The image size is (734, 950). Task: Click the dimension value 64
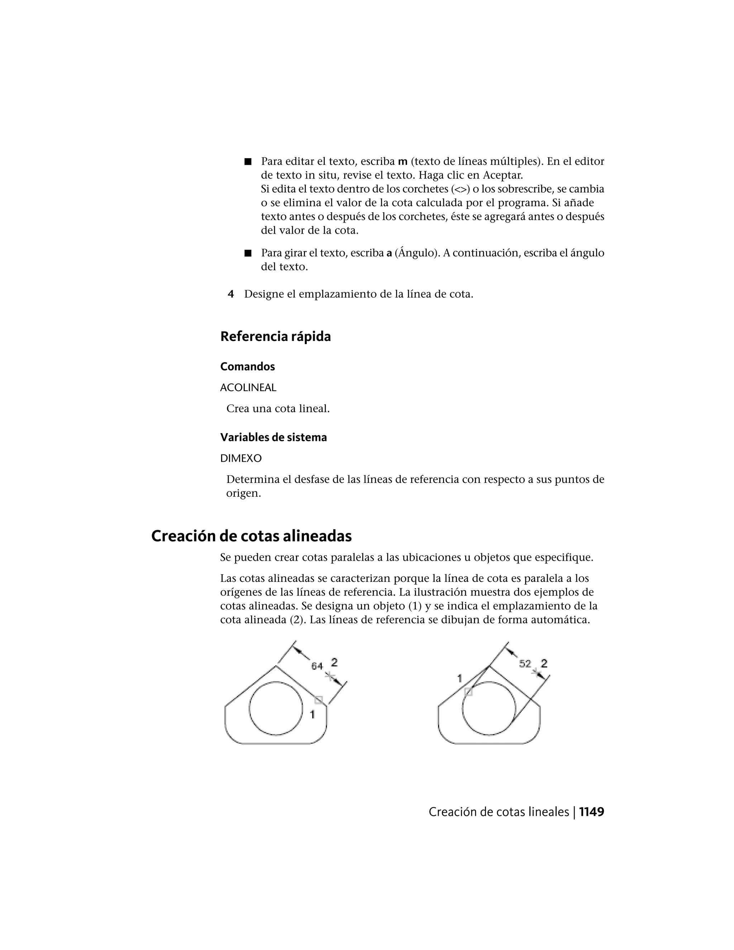pyautogui.click(x=317, y=666)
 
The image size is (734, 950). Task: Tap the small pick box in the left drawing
pyautogui.click(x=319, y=699)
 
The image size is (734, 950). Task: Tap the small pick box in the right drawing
pyautogui.click(x=468, y=692)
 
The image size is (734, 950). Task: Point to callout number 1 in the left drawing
pyautogui.click(x=312, y=714)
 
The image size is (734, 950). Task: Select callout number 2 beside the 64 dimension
pyautogui.click(x=334, y=662)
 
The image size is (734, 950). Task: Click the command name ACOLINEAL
pyautogui.click(x=248, y=388)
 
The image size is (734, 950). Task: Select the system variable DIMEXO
pyautogui.click(x=241, y=459)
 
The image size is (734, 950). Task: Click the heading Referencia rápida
pyautogui.click(x=275, y=336)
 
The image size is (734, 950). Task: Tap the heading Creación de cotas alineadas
pyautogui.click(x=251, y=536)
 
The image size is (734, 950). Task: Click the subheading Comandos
pyautogui.click(x=247, y=367)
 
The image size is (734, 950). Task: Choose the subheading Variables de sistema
pyautogui.click(x=273, y=437)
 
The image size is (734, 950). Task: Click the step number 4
pyautogui.click(x=230, y=294)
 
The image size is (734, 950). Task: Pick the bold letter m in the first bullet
pyautogui.click(x=402, y=162)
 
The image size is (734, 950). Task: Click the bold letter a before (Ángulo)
pyautogui.click(x=389, y=253)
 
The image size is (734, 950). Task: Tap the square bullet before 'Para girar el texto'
pyautogui.click(x=248, y=253)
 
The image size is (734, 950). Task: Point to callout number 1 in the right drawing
pyautogui.click(x=459, y=678)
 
